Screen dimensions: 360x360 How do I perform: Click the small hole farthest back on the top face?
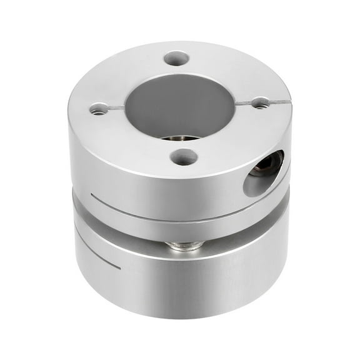click(177, 59)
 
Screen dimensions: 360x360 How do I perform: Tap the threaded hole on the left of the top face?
click(98, 109)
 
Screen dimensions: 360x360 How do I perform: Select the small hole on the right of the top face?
click(260, 102)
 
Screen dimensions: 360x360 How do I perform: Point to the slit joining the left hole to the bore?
click(116, 109)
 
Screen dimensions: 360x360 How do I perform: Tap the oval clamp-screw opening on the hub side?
click(262, 172)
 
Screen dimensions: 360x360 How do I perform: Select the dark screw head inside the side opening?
click(271, 164)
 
